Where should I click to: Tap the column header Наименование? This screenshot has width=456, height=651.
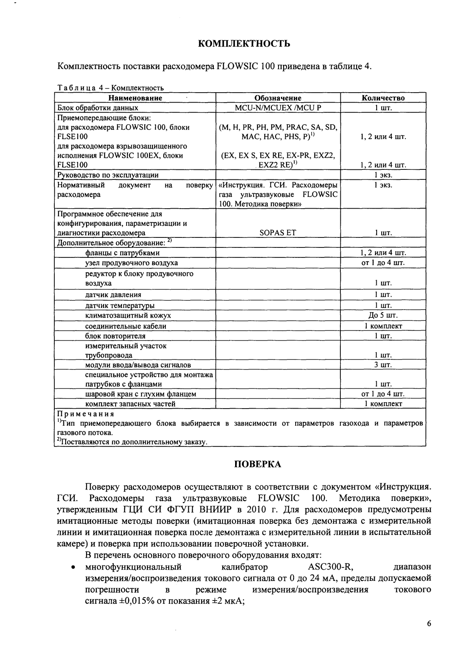tap(135, 98)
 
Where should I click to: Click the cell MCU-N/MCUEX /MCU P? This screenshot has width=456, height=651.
tap(278, 108)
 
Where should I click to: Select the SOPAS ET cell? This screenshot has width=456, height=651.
tap(278, 233)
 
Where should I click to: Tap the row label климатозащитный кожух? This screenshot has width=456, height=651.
tap(128, 315)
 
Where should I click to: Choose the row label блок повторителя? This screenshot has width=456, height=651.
tap(115, 336)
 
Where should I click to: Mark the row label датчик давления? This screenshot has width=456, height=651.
tap(113, 295)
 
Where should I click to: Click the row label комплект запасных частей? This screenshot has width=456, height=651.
tap(130, 404)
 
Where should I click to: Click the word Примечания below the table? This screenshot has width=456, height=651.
tap(86, 414)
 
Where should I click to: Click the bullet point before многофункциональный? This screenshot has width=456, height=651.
tap(73, 568)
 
